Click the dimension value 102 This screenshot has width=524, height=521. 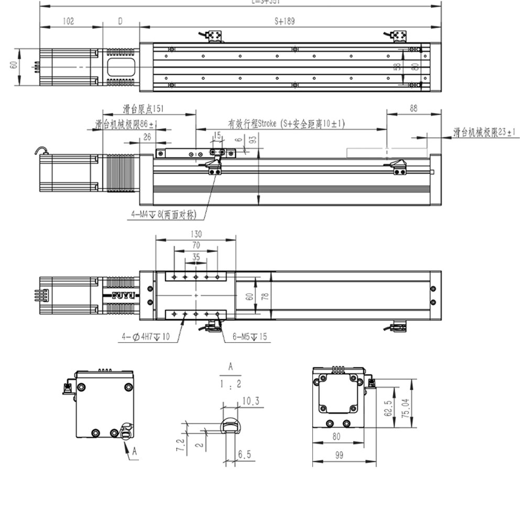tap(68, 21)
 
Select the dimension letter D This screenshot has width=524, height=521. tap(120, 21)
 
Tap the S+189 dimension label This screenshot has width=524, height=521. tap(285, 21)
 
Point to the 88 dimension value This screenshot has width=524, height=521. tap(413, 108)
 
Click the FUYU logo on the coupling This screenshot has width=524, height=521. tap(123, 295)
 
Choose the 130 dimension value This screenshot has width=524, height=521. tap(196, 234)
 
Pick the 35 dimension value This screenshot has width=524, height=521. tap(196, 257)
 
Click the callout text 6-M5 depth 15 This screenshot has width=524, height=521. tap(249, 337)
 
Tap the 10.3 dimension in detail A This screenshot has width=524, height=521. tap(250, 402)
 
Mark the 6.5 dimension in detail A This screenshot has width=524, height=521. tap(245, 455)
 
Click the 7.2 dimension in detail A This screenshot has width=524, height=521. tap(180, 445)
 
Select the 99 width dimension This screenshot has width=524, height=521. tap(339, 456)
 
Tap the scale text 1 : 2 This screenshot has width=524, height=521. tap(231, 384)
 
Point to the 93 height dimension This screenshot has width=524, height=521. tap(253, 140)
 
